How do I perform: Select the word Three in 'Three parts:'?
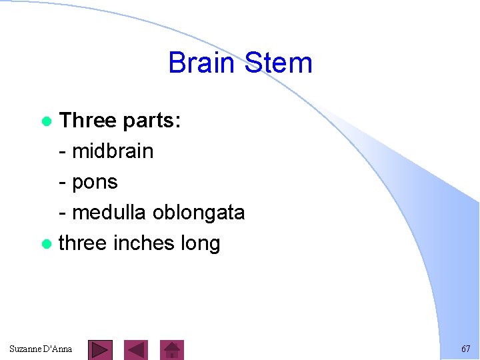[87, 121]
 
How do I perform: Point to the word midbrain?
[112, 151]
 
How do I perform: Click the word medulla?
[109, 213]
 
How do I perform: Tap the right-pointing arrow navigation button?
[100, 349]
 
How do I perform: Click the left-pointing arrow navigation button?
[136, 349]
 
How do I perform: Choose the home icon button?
[173, 349]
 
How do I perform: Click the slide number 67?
[465, 349]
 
